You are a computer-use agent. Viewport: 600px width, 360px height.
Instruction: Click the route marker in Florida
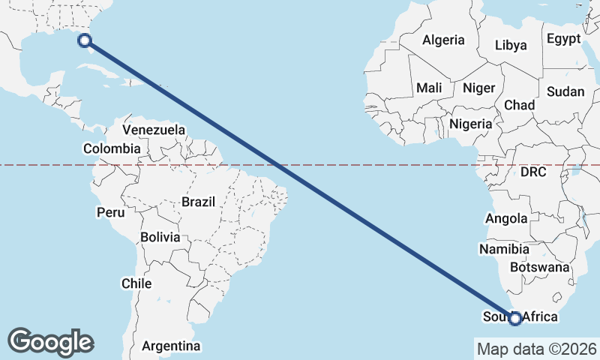click(x=85, y=41)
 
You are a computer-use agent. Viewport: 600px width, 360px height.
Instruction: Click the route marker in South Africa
click(x=515, y=318)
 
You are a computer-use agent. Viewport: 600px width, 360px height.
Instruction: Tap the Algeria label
click(x=443, y=40)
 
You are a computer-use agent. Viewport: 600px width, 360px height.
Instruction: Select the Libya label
click(x=511, y=45)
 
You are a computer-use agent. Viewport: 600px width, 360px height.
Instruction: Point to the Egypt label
click(x=563, y=39)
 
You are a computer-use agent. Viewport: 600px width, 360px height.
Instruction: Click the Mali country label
click(x=429, y=88)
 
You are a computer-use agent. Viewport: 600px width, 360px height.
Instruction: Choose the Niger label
click(x=478, y=88)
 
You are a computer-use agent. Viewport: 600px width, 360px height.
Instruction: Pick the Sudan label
click(x=565, y=91)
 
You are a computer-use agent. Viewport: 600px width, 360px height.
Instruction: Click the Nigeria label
click(x=471, y=124)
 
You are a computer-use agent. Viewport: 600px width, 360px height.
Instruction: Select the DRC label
click(x=533, y=172)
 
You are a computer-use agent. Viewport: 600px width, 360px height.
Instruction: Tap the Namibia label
click(x=505, y=249)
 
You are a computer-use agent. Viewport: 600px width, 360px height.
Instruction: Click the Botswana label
click(x=539, y=267)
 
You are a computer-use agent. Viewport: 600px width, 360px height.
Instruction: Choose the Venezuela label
click(x=154, y=130)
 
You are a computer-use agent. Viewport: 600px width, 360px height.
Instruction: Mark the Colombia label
click(x=112, y=148)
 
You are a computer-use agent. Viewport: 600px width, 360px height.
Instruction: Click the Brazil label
click(x=198, y=202)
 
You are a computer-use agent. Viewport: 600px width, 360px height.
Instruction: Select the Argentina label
click(x=171, y=346)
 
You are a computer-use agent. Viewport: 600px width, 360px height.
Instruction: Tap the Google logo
click(x=50, y=341)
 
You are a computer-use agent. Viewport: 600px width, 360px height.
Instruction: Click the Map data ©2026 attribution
click(x=536, y=349)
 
